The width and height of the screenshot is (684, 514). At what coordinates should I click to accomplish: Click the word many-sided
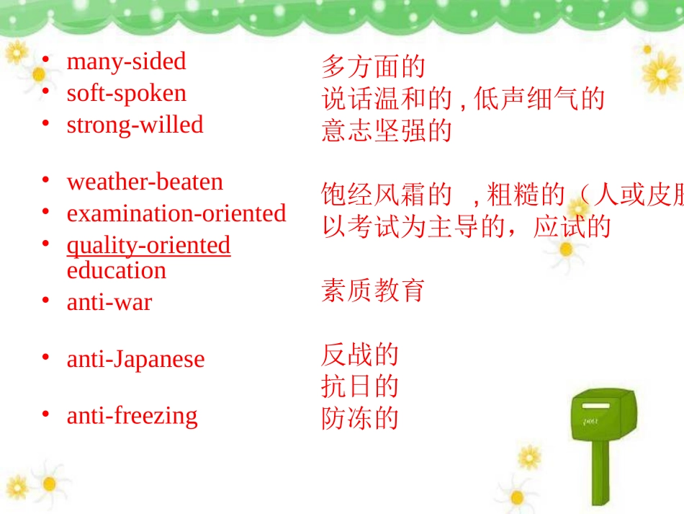(x=126, y=61)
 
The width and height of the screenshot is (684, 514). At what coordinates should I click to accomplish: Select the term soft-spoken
(x=126, y=93)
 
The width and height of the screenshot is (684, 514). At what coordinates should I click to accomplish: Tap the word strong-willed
(x=135, y=125)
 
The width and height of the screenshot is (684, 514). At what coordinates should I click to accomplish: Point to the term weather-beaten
(x=145, y=182)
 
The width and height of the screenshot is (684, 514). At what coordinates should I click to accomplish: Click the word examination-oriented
(x=176, y=213)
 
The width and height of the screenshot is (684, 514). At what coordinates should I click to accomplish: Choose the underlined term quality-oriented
(x=148, y=245)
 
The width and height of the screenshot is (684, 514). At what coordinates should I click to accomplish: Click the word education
(x=117, y=270)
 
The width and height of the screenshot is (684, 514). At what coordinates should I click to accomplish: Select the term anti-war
(x=109, y=302)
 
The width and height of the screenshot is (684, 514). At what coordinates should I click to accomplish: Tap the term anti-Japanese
(x=135, y=359)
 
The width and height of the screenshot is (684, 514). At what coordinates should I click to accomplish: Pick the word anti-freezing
(x=132, y=415)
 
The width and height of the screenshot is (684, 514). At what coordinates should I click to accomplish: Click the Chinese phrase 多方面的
(x=373, y=67)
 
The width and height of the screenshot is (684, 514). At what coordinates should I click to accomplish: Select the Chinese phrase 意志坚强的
(x=386, y=131)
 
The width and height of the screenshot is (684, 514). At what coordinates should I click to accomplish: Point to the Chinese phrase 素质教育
(x=373, y=291)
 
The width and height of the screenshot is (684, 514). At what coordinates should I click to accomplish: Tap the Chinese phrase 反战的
(x=359, y=355)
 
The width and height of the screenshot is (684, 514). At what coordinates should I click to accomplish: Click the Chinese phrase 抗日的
(x=359, y=387)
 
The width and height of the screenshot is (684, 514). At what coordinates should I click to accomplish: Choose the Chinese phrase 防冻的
(x=359, y=419)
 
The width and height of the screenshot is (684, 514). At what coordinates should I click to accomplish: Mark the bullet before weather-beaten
(x=45, y=180)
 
